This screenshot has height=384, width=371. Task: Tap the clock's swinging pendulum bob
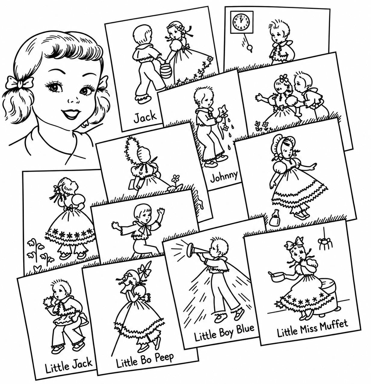[249, 48]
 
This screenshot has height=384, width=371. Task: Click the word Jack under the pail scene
[145, 117]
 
